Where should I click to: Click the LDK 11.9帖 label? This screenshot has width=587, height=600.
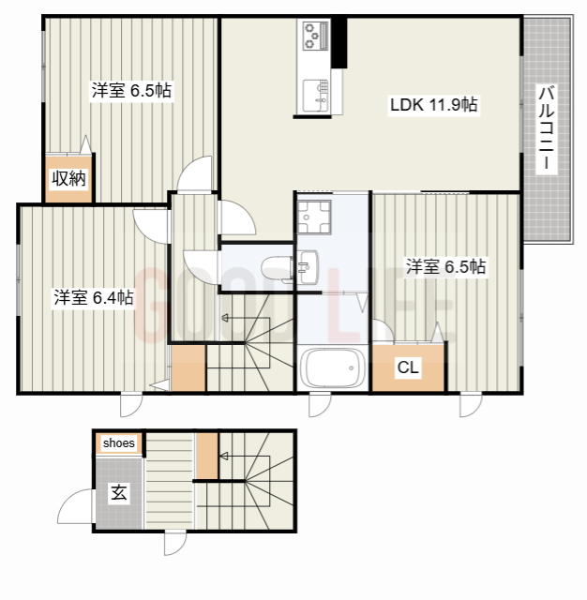433,104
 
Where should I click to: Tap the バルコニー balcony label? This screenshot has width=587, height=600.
546,128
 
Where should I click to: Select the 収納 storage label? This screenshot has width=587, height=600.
68,178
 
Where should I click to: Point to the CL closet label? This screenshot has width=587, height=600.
408,367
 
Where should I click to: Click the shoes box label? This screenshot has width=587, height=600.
119,443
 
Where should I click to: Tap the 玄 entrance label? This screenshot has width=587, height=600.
119,492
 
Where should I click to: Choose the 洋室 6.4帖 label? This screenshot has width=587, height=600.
94,298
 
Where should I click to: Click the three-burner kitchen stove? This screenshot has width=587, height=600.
316,36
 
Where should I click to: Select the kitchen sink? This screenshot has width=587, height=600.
316,96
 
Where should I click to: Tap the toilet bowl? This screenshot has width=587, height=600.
277,268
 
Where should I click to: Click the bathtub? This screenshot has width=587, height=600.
333,368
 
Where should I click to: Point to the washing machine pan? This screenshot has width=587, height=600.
314,217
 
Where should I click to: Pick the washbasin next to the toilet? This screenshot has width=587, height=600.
308,267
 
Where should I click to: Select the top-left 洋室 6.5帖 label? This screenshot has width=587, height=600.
131,91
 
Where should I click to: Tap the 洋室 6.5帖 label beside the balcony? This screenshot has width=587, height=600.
445,266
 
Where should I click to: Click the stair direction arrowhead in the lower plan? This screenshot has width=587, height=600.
224,457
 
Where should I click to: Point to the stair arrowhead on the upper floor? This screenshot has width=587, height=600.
225,318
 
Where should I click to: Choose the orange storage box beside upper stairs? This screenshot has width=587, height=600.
188,368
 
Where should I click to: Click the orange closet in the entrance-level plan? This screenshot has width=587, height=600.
207,456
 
